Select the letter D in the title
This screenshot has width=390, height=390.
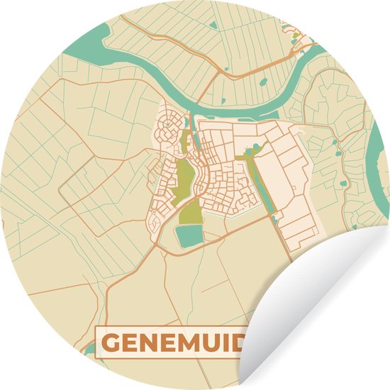coord(242,344)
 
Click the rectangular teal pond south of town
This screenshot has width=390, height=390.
coord(189,236)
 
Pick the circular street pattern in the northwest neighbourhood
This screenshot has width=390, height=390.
coord(169,131)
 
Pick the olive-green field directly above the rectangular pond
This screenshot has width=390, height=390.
coord(190,211)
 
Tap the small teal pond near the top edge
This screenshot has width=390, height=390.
coord(213,26)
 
